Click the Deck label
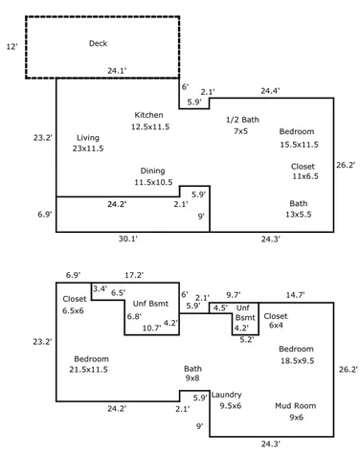98,43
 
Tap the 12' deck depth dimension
11,47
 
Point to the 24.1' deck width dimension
117,71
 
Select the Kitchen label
148,115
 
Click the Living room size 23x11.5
88,148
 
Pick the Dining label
153,171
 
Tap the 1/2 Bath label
242,120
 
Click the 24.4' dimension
270,91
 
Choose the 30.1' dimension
128,239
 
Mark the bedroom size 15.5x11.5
300,145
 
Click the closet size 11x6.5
305,176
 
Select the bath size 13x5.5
299,215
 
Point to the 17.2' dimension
134,275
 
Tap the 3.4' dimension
100,289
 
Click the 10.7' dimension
151,328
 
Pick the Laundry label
226,395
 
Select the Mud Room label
296,406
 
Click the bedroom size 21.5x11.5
88,370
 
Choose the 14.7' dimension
295,295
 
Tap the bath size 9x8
192,378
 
